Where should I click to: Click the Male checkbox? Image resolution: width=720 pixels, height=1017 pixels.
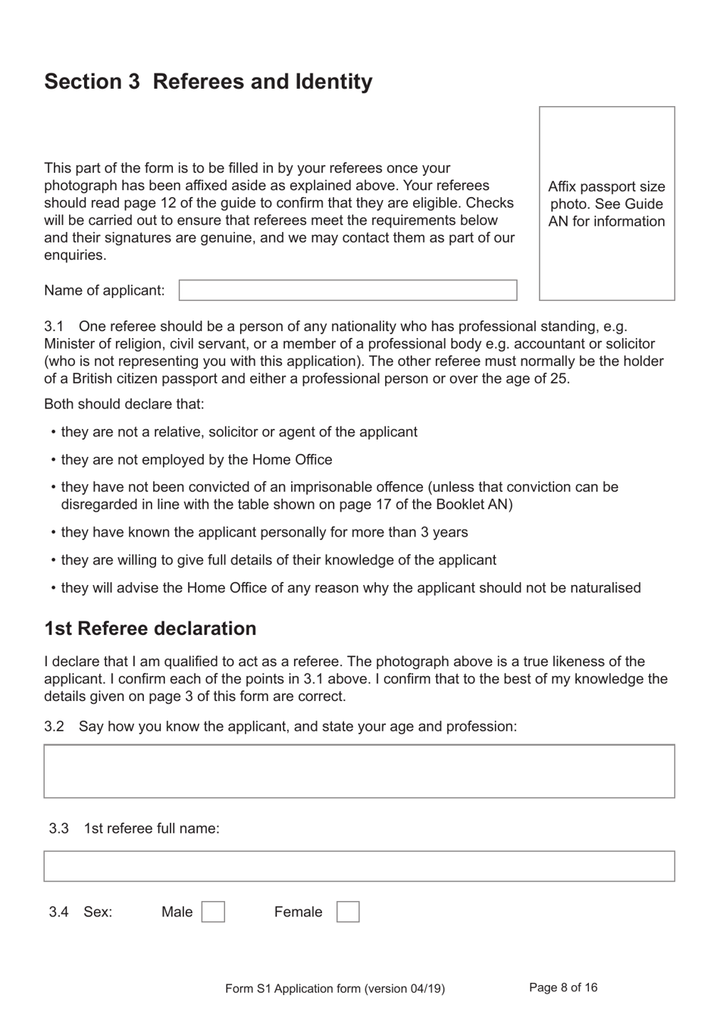click(213, 912)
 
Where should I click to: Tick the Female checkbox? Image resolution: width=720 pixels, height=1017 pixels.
click(347, 912)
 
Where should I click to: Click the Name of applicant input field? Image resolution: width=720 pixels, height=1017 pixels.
click(348, 290)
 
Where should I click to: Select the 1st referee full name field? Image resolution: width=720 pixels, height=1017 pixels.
click(359, 866)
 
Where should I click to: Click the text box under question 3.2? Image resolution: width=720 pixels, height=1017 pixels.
click(359, 771)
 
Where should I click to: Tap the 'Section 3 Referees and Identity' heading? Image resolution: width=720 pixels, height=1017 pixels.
click(208, 82)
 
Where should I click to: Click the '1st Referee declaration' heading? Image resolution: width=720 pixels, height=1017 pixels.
click(150, 628)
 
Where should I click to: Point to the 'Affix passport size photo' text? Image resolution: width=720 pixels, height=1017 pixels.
click(606, 204)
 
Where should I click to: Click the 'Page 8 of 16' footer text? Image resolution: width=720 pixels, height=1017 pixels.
click(563, 987)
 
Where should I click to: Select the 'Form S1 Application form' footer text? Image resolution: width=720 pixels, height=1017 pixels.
click(334, 988)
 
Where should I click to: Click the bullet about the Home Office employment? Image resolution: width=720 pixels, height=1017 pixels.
click(196, 459)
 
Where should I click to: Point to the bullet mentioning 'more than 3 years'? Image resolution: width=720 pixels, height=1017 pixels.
click(265, 532)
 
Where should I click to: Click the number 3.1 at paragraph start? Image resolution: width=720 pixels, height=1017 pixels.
click(54, 327)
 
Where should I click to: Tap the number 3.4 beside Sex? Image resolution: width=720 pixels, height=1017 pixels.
click(58, 912)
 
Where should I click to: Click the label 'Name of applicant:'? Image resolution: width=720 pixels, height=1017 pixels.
click(104, 290)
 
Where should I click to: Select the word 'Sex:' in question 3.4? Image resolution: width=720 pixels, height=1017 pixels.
click(98, 912)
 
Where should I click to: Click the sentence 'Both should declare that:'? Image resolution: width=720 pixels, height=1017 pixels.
click(124, 404)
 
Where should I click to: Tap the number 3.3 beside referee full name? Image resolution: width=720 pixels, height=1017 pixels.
click(58, 828)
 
